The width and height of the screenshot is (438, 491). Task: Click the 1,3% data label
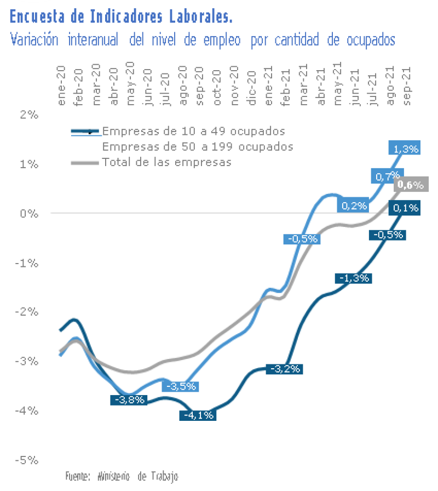point(404,148)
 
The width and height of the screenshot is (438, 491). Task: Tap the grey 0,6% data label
point(411,185)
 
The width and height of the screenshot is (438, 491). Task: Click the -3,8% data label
point(129,399)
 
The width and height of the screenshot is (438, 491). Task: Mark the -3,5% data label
point(180,386)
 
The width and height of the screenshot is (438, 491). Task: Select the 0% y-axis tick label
point(31,213)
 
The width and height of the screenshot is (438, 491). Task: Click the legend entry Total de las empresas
point(166,162)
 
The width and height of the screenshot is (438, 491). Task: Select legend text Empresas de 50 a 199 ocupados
point(198,146)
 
